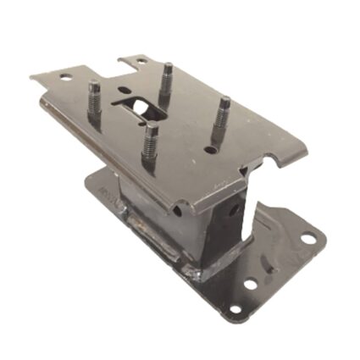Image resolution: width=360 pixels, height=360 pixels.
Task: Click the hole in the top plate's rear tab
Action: [132, 62]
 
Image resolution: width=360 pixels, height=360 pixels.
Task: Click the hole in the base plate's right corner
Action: [308, 240]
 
